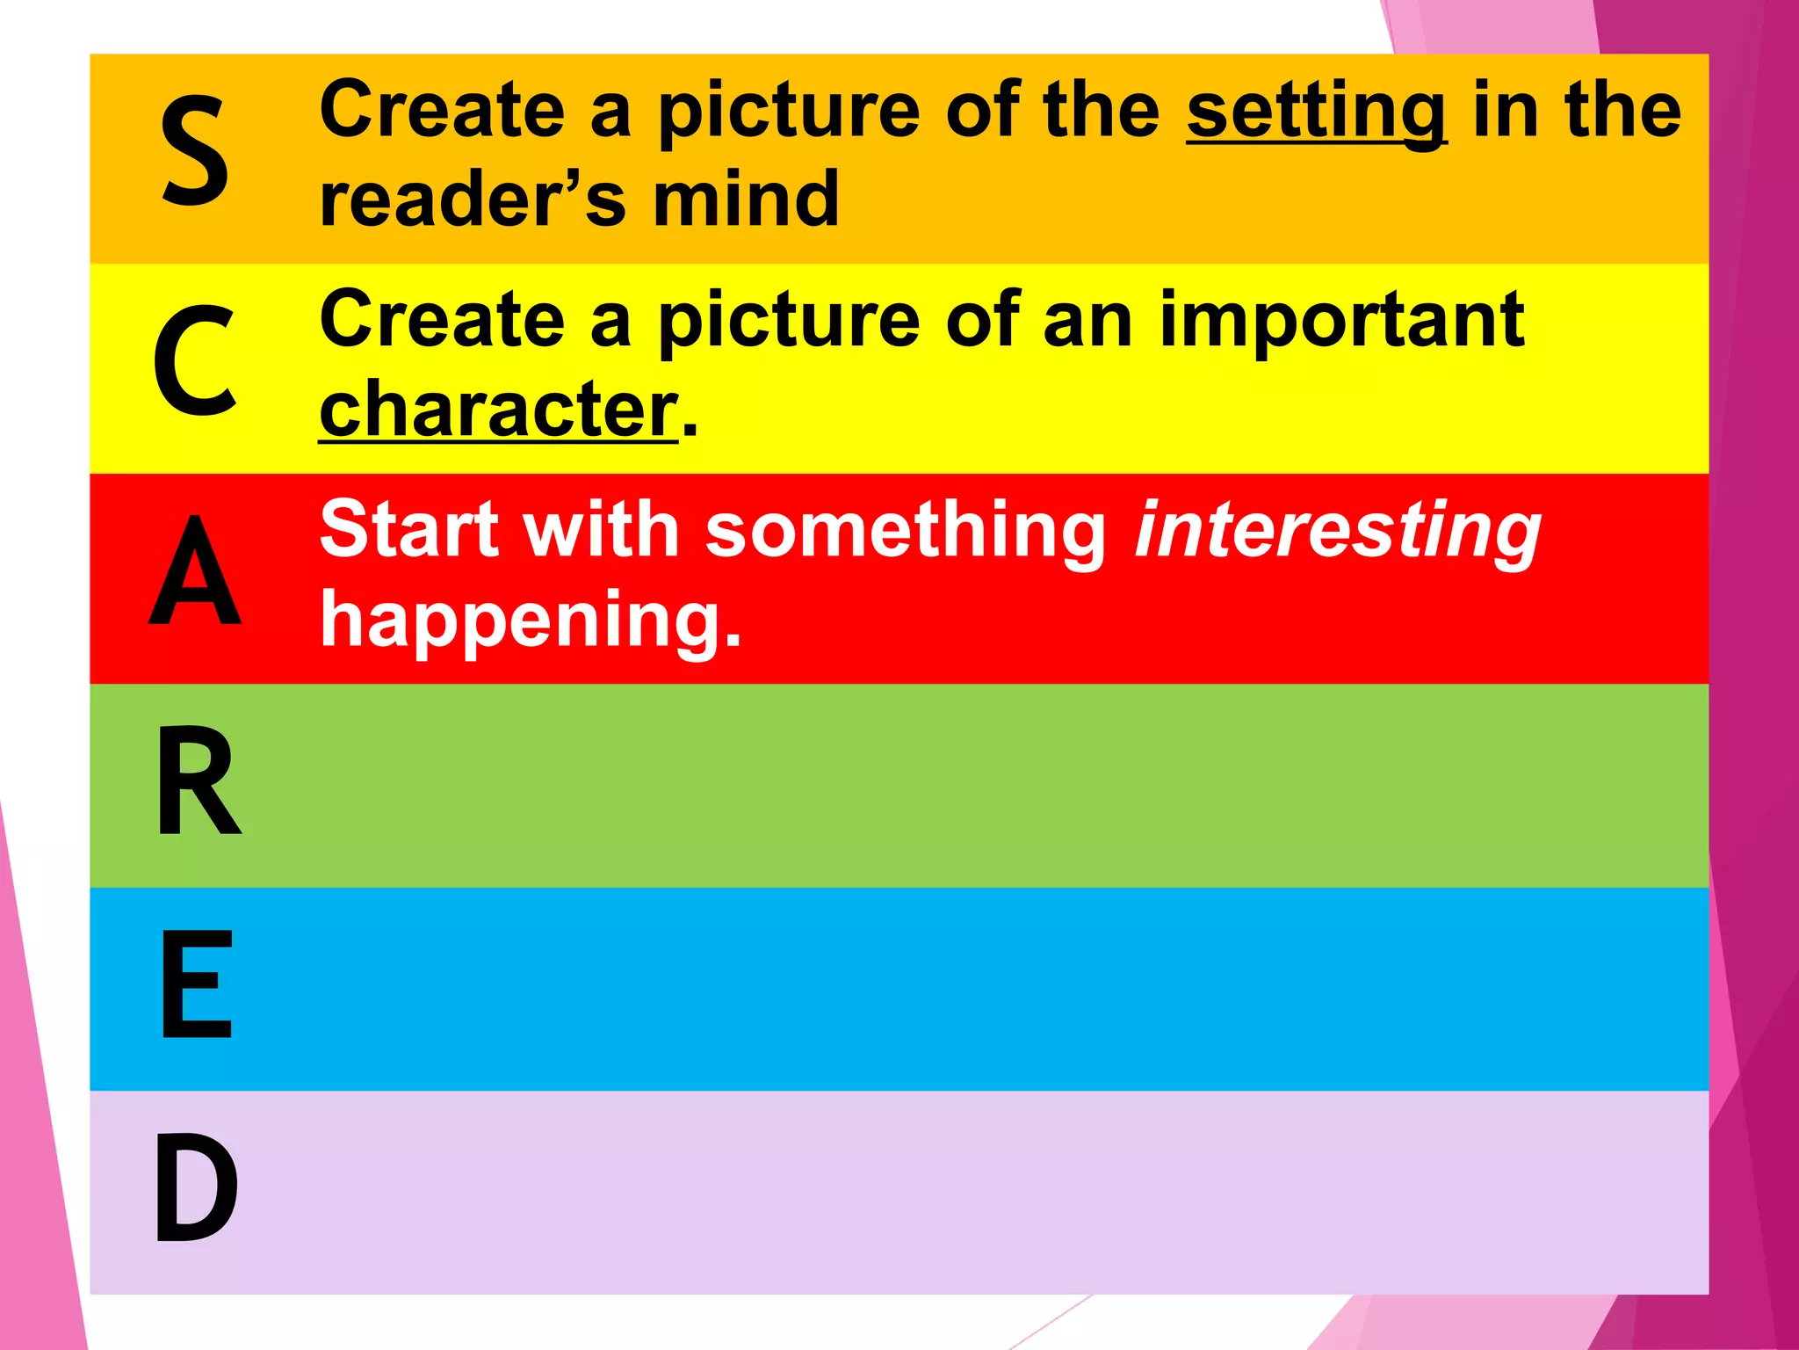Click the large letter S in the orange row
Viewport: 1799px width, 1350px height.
195,151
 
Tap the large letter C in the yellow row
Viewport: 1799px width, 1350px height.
195,360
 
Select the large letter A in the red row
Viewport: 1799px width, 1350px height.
195,571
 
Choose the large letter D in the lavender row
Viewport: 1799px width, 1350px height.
197,1188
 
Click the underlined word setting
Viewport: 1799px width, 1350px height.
1316,112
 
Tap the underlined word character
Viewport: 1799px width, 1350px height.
498,410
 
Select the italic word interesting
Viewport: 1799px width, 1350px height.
1338,532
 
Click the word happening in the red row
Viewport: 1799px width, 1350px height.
531,621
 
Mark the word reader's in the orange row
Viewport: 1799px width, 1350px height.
473,200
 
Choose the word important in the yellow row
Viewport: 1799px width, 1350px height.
1341,320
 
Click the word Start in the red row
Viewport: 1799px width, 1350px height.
409,530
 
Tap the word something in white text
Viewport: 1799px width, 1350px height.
906,532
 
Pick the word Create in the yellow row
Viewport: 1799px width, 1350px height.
442,320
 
